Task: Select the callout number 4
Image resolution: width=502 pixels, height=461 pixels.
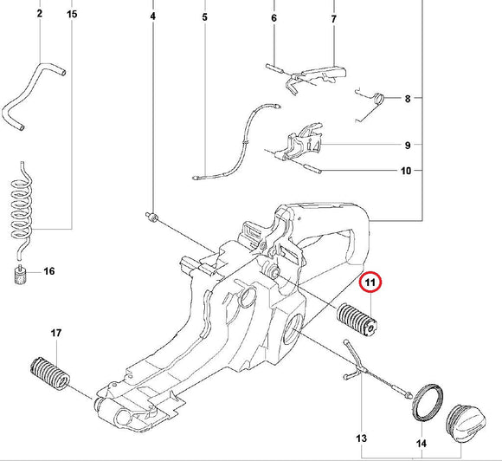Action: (x=153, y=16)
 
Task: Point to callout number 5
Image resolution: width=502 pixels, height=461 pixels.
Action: (x=205, y=16)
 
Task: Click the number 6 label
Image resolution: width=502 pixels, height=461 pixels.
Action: (x=274, y=18)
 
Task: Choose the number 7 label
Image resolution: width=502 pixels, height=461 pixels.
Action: (x=333, y=18)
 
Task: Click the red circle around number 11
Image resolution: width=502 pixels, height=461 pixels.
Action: (x=370, y=282)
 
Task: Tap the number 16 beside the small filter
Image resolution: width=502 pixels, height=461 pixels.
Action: (x=48, y=271)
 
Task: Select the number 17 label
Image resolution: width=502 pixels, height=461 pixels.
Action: (x=55, y=334)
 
